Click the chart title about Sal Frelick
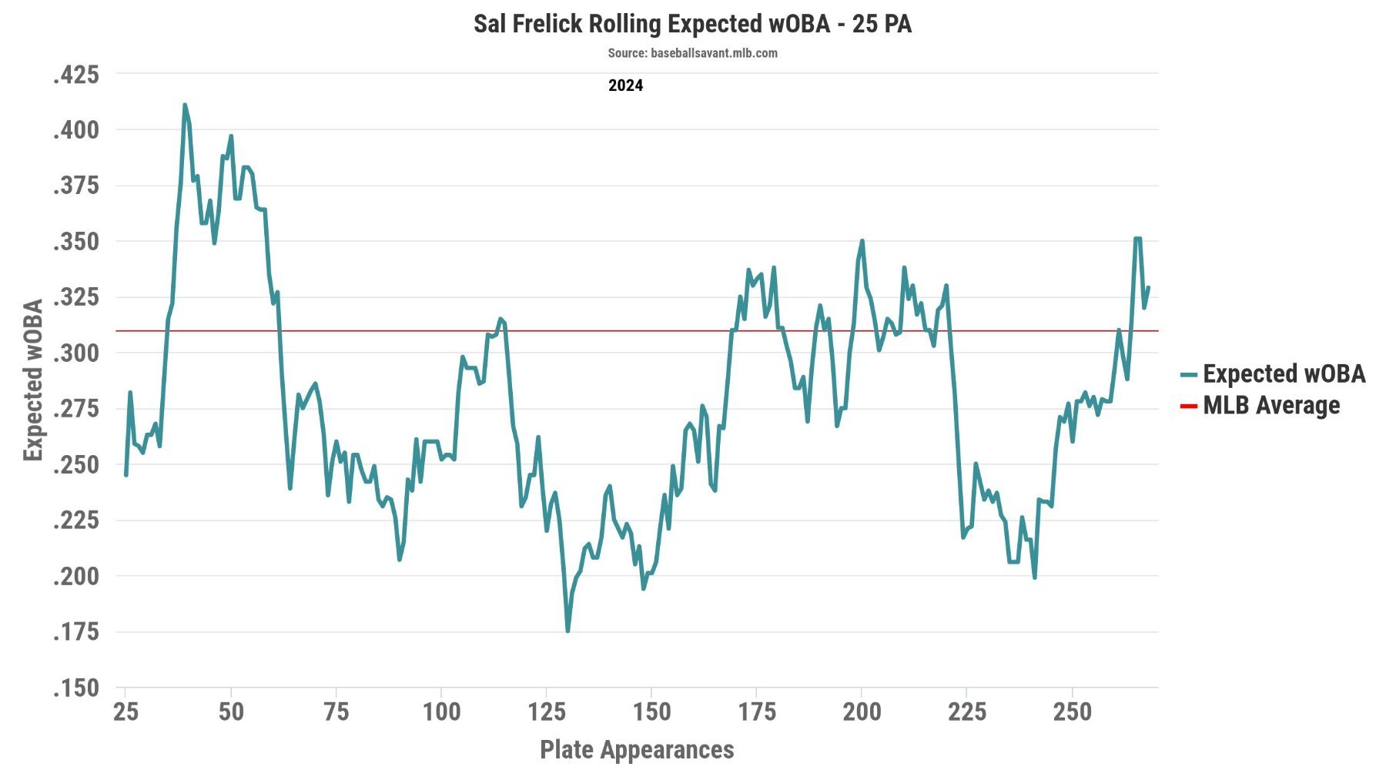[x=692, y=24]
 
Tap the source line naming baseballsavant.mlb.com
[x=692, y=53]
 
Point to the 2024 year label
[x=625, y=85]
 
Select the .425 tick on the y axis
[x=76, y=75]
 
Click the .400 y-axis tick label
[x=76, y=130]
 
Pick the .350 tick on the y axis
[x=76, y=242]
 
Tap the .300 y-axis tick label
[x=76, y=353]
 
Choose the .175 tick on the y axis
[x=76, y=632]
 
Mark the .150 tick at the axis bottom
[x=76, y=688]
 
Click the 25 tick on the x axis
[x=126, y=711]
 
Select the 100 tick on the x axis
[x=441, y=711]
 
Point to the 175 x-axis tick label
[x=756, y=711]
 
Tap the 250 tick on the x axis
[x=1072, y=711]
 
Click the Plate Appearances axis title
[x=637, y=749]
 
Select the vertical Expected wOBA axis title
[x=33, y=380]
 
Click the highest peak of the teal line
[x=185, y=105]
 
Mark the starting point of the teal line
[x=126, y=475]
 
